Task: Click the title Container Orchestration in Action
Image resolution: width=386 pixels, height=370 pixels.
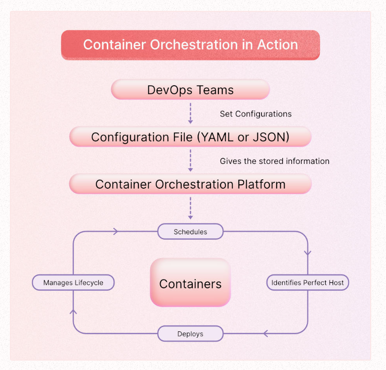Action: (x=190, y=45)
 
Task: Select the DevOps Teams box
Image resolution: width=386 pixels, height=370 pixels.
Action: (x=190, y=90)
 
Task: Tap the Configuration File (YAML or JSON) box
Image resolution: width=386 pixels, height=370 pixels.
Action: (x=190, y=137)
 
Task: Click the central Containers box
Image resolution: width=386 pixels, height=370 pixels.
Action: (x=190, y=284)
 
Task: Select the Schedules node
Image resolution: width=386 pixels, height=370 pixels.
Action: (x=190, y=231)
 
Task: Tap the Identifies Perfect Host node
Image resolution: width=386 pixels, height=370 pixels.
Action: (x=307, y=283)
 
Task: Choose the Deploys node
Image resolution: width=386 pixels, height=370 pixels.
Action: (x=190, y=334)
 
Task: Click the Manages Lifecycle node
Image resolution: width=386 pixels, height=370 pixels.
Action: (x=73, y=283)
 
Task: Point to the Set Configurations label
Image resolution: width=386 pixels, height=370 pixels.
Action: (x=256, y=114)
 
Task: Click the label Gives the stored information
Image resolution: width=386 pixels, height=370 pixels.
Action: (x=274, y=161)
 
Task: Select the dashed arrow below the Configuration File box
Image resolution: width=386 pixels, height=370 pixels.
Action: (x=190, y=160)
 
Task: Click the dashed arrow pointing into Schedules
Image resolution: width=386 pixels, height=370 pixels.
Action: (x=190, y=208)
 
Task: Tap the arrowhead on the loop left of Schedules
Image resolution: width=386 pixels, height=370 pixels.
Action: (x=116, y=231)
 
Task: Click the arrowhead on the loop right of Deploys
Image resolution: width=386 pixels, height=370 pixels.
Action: (x=265, y=333)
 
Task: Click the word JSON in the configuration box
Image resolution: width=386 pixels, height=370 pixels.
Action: (x=270, y=137)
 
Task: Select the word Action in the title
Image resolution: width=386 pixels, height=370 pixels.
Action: (x=277, y=45)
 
